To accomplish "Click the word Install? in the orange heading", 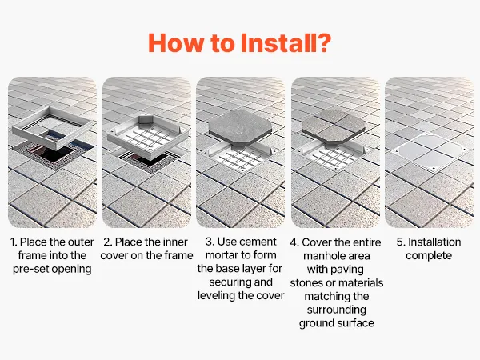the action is (x=286, y=43).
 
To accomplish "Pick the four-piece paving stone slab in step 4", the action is (x=334, y=126).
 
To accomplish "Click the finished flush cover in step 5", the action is (x=429, y=150).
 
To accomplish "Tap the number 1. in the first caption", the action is (x=14, y=242).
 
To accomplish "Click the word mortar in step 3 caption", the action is (x=222, y=255).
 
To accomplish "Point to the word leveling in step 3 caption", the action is (x=217, y=296).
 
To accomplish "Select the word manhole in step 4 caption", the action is (x=322, y=256).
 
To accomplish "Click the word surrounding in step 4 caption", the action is (x=337, y=310).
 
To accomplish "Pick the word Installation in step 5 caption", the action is (x=434, y=242).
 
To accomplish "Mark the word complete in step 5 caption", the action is (x=429, y=256).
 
